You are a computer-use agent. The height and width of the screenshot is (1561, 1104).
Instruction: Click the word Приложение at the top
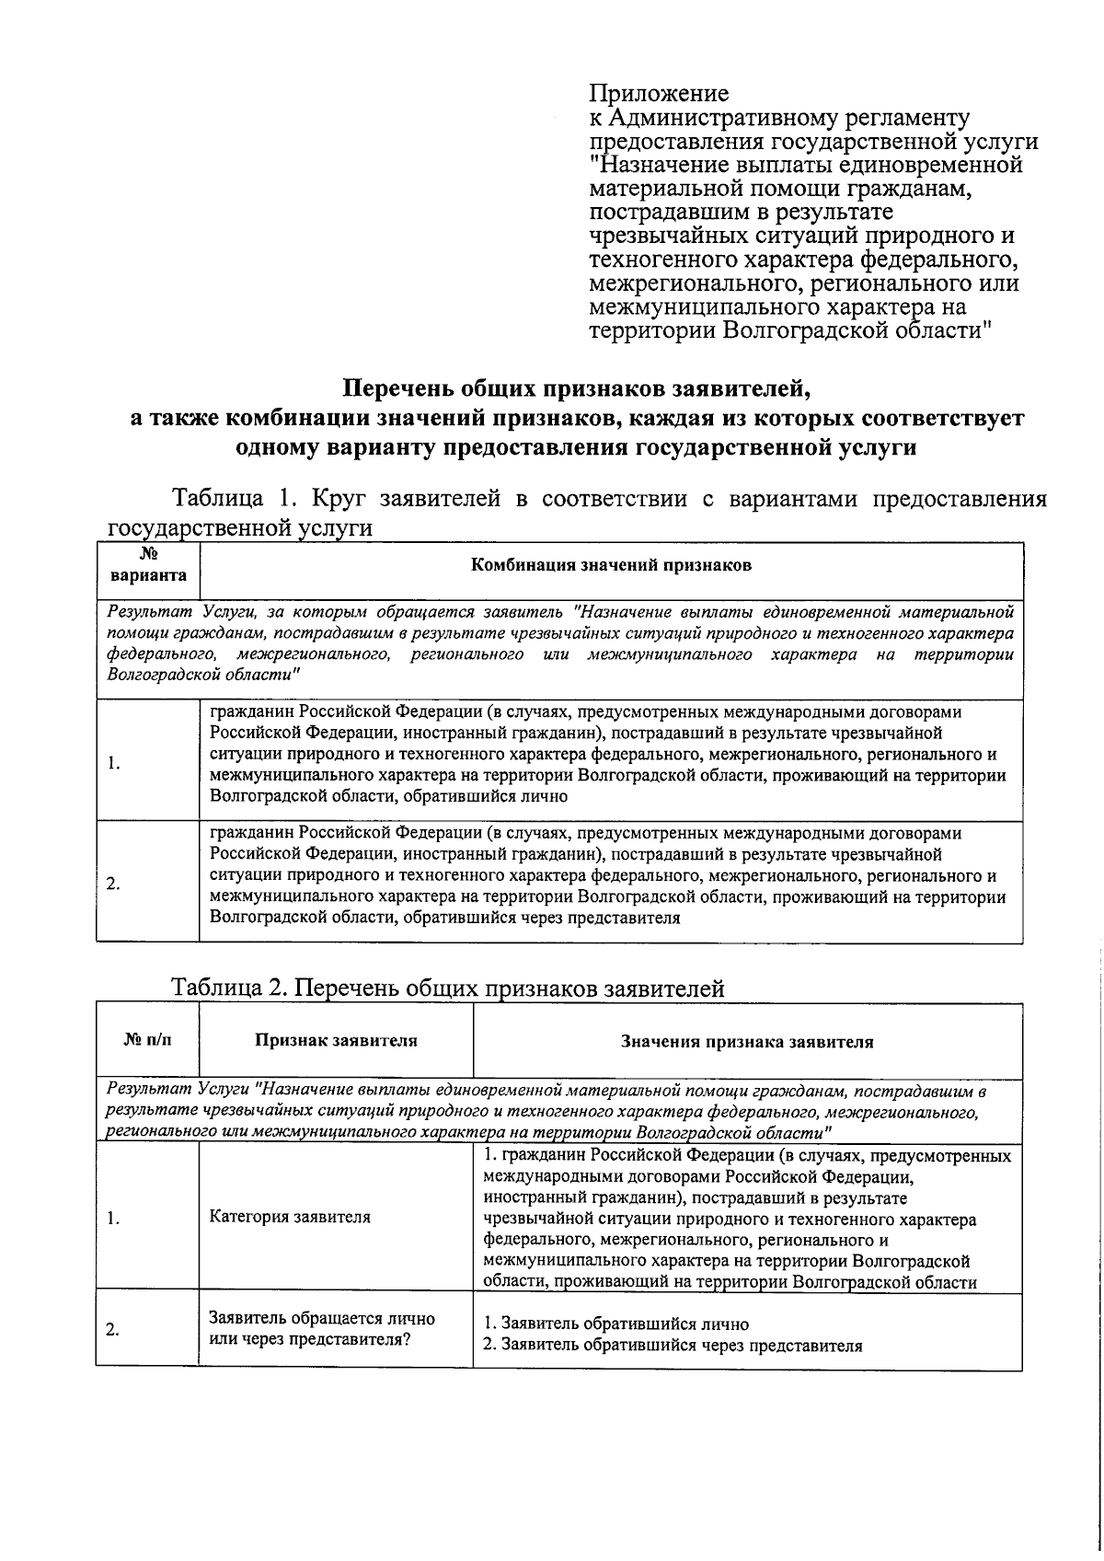pos(659,94)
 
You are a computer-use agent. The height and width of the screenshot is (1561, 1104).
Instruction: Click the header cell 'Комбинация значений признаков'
pos(611,565)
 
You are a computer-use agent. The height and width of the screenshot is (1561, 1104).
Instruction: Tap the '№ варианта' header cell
pos(147,565)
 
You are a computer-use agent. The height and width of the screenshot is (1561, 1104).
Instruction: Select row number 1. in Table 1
pos(112,763)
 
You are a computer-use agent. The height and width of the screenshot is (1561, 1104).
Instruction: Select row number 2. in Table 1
pos(112,885)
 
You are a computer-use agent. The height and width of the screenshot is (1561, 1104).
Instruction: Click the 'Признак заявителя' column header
pos(336,1041)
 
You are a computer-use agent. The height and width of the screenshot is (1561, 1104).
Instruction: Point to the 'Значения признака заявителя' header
pos(746,1042)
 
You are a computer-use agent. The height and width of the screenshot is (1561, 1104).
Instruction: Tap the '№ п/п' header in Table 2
pos(147,1041)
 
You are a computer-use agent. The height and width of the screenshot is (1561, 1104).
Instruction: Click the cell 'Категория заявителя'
pos(290,1217)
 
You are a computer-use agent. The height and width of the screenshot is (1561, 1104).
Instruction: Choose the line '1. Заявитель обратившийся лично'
pos(616,1324)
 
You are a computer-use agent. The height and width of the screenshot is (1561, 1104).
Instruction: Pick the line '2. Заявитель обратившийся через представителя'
pos(673,1346)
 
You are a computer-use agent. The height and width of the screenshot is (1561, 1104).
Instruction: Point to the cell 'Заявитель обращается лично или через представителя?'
pos(321,1328)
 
